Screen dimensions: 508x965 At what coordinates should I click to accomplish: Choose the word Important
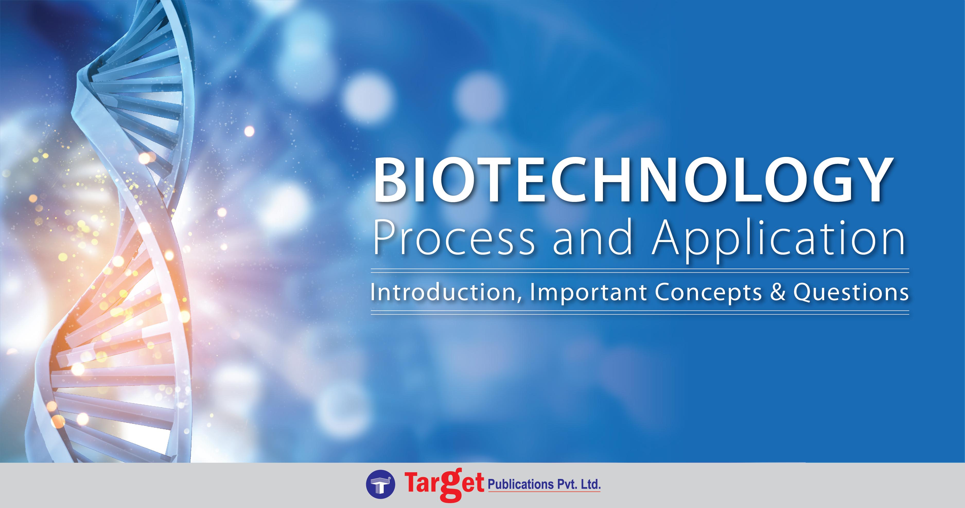click(x=588, y=293)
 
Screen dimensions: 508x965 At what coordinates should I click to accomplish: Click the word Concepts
click(x=708, y=293)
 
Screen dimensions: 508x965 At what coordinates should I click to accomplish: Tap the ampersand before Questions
click(x=777, y=293)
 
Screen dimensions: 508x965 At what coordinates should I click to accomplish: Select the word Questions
click(x=851, y=293)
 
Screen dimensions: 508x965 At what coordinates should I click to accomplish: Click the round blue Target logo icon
click(x=380, y=485)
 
